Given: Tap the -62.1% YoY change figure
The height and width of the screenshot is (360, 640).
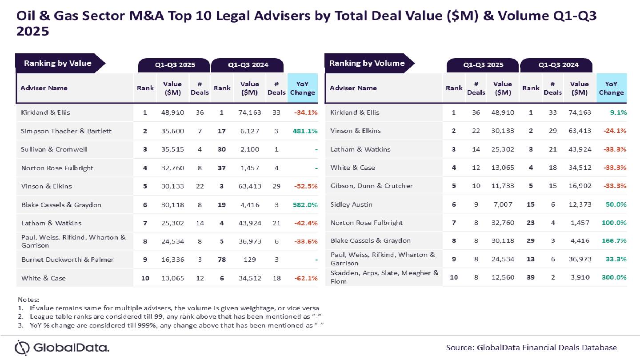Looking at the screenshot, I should [x=306, y=278].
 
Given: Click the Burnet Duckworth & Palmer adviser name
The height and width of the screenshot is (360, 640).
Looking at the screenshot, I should [x=68, y=260].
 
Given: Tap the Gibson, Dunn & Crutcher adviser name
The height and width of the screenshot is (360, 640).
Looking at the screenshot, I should [x=372, y=186].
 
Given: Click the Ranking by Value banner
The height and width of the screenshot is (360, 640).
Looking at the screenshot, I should [x=58, y=63].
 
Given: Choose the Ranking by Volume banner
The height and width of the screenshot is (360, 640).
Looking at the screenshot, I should [x=367, y=63].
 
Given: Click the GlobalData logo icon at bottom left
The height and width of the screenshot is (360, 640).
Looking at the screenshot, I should [x=22, y=348].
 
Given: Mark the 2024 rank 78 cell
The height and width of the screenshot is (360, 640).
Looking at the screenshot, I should [x=221, y=260].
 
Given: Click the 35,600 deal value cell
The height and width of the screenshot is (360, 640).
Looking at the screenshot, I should [x=172, y=131].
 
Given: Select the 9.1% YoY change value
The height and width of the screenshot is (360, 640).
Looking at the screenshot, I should [x=618, y=112].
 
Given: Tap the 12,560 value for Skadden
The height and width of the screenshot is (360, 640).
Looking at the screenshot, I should [x=502, y=277].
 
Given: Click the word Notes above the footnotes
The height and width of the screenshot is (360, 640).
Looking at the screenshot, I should [x=28, y=300].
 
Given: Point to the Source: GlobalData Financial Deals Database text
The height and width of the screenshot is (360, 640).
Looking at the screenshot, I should [x=531, y=348].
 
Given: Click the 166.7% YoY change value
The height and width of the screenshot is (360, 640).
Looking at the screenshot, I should [x=615, y=240].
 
